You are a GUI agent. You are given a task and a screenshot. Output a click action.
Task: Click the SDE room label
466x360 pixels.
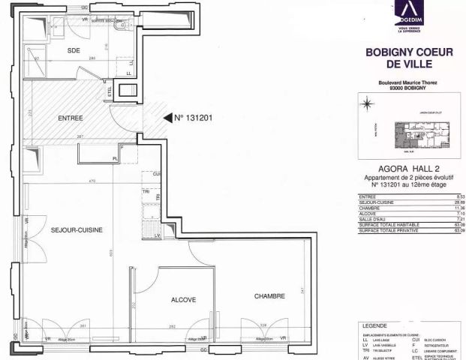[74, 49]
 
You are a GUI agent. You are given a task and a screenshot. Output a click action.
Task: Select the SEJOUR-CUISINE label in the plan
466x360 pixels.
[77, 229]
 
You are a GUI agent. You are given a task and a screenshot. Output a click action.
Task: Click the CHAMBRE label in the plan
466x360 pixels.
[269, 296]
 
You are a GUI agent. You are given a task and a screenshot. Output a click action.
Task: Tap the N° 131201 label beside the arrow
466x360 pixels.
[194, 118]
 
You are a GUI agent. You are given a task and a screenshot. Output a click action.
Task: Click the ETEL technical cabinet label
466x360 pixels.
[110, 93]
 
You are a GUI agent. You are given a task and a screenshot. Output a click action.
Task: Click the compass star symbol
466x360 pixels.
[366, 104]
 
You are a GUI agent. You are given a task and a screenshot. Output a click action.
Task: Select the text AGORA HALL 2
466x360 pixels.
[408, 169]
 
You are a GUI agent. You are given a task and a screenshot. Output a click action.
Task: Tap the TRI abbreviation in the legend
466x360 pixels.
[364, 346]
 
